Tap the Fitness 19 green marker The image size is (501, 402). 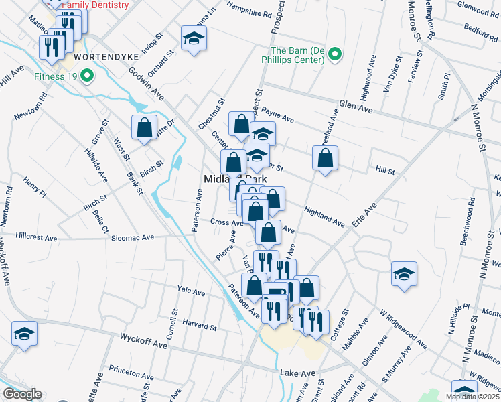pyautogui.click(x=86, y=76)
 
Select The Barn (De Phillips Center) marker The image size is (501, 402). pyautogui.click(x=336, y=54)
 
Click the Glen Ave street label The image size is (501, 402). pyautogui.click(x=355, y=107)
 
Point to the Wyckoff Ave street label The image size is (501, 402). pyautogui.click(x=143, y=342)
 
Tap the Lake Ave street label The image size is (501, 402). pyautogui.click(x=297, y=373)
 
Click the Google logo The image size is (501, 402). pyautogui.click(x=21, y=394)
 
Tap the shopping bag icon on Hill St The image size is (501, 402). pyautogui.click(x=325, y=159)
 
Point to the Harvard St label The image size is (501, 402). pyautogui.click(x=199, y=328)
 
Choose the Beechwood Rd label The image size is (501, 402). pyautogui.click(x=472, y=220)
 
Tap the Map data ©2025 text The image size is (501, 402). pyautogui.click(x=472, y=397)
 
